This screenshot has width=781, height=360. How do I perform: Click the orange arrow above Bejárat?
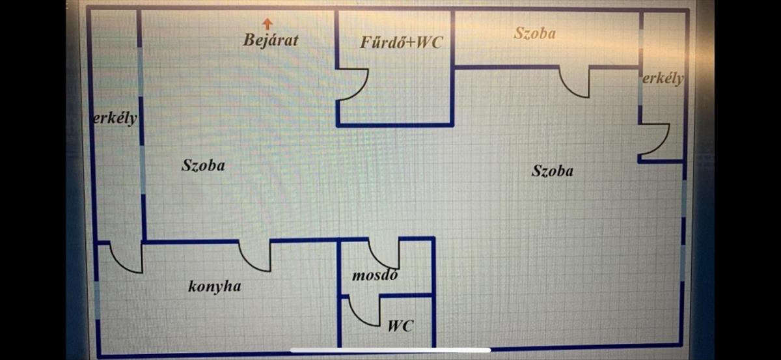[x=267, y=23]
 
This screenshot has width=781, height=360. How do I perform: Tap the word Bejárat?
[x=271, y=40]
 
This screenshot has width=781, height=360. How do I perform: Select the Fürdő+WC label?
[x=402, y=42]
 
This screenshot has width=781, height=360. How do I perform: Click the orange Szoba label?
[x=535, y=33]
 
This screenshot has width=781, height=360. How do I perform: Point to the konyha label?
[x=214, y=286]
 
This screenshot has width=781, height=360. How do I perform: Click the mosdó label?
[x=375, y=275]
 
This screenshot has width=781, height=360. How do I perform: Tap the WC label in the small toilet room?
[x=401, y=325]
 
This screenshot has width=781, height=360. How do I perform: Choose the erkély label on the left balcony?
[x=115, y=118]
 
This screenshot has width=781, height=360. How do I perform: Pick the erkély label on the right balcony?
[x=663, y=78]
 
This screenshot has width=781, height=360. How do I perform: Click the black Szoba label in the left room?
[x=203, y=165]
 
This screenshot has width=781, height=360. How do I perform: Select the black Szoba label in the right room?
[x=553, y=171]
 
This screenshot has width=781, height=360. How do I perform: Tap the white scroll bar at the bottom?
[x=390, y=350]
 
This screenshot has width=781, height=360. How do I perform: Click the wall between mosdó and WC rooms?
[x=407, y=296]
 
